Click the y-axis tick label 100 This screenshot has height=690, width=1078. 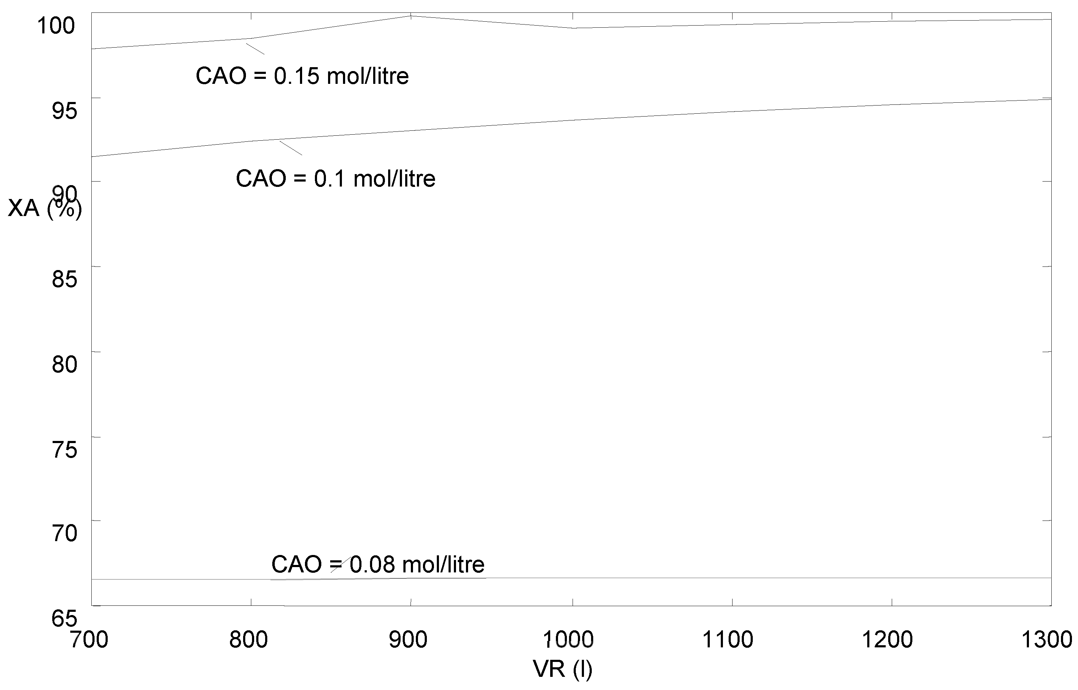point(55,26)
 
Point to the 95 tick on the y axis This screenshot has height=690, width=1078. point(64,110)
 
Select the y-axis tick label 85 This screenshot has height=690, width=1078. point(64,279)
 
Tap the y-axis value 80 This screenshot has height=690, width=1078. point(64,364)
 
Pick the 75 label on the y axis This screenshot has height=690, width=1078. point(64,449)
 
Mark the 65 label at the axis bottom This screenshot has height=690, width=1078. point(64,619)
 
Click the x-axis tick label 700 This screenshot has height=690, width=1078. point(89,640)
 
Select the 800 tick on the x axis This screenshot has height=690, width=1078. point(248,640)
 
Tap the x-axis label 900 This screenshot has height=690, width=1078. point(408,640)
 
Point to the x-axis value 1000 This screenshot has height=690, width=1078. point(568,640)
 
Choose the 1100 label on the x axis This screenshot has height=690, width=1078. point(728,640)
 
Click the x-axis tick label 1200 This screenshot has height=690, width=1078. point(887,640)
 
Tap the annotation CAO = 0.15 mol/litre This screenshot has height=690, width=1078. point(302,76)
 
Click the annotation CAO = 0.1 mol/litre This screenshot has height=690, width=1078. point(335,179)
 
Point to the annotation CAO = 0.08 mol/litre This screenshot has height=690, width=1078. point(378,565)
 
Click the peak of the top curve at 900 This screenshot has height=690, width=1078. point(411,16)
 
